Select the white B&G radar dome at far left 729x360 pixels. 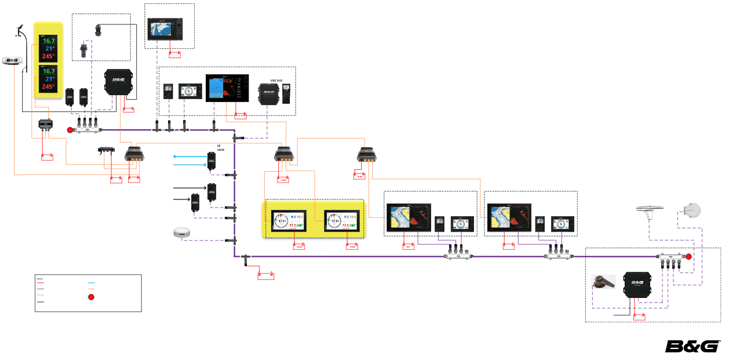[12, 61]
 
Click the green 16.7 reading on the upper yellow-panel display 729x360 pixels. [48, 41]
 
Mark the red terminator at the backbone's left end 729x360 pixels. [70, 130]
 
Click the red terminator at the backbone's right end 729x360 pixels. [689, 256]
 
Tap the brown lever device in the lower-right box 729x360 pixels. [603, 282]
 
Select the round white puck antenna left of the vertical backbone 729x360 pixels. [182, 233]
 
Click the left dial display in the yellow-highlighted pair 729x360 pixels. [289, 221]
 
